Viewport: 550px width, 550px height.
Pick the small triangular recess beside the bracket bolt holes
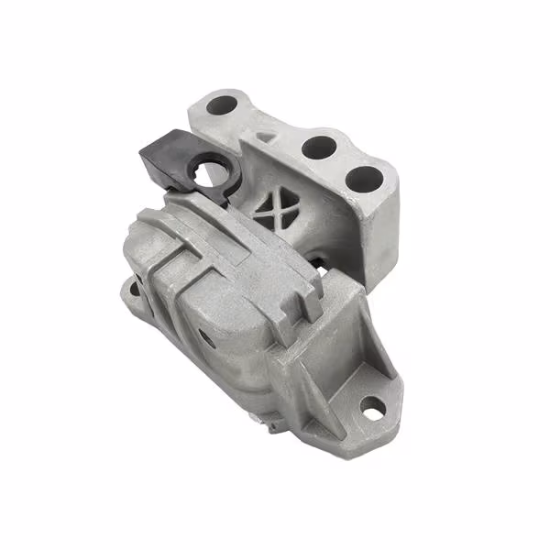click(264, 136)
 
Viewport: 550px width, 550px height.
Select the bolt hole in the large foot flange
click(372, 403)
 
